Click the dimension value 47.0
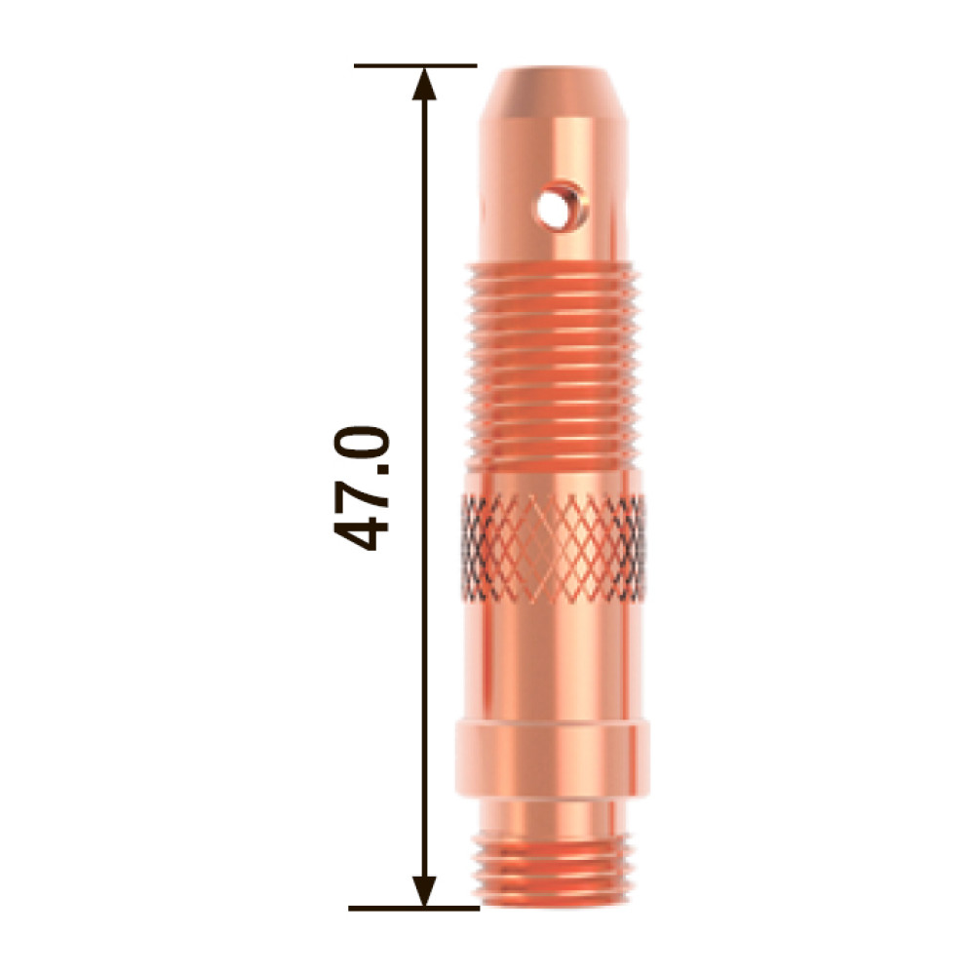point(362,488)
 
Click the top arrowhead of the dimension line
point(425,83)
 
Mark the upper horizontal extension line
point(415,65)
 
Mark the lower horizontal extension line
point(413,909)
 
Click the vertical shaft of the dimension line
point(425,487)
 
